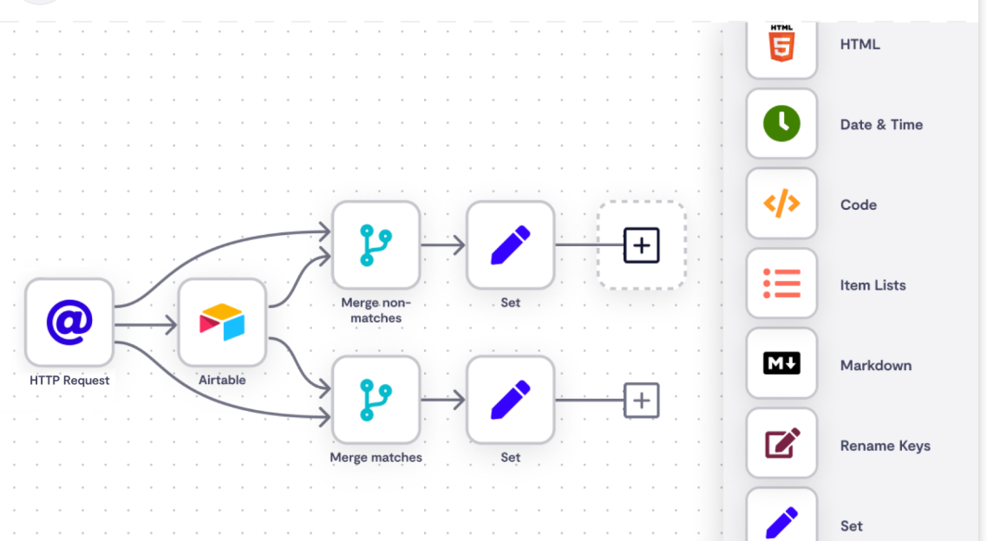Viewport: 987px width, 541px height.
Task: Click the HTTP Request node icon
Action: (x=69, y=323)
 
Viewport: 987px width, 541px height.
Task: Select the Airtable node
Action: (x=222, y=323)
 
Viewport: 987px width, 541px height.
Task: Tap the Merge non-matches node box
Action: (x=376, y=245)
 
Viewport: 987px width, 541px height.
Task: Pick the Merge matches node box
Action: (x=376, y=400)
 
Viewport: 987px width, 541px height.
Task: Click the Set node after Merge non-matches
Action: (x=510, y=245)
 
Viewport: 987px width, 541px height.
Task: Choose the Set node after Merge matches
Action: (x=510, y=400)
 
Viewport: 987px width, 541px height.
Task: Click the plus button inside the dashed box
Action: (x=641, y=245)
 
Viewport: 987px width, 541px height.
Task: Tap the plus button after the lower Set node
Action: (x=641, y=401)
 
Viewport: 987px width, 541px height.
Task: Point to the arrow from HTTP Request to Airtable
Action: (x=146, y=326)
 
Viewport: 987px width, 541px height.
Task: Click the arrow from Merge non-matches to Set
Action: (x=443, y=246)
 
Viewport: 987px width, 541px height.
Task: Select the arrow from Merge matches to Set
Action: (x=443, y=400)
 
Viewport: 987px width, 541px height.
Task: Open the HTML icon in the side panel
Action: (x=781, y=43)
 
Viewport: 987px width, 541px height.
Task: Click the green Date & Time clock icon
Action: (x=781, y=124)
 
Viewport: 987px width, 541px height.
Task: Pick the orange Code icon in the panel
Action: (x=781, y=205)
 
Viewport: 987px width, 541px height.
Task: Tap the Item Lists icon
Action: (x=781, y=284)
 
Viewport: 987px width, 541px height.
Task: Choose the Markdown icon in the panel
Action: (x=781, y=364)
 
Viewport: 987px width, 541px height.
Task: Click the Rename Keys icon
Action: (x=781, y=445)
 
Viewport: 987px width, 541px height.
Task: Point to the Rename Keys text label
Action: (x=885, y=446)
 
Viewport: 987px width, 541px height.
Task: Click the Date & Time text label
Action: (x=881, y=125)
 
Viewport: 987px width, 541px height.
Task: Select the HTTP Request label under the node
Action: (x=69, y=380)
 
